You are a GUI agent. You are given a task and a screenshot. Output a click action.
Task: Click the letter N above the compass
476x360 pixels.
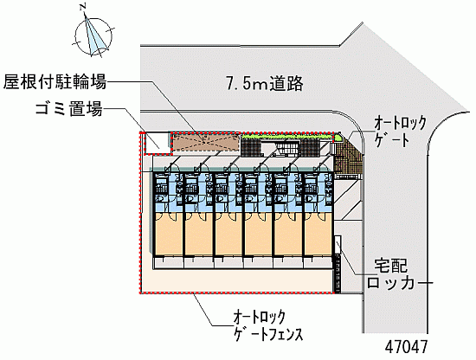click(82, 8)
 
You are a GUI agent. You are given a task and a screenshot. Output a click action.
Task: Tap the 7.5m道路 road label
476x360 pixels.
click(265, 84)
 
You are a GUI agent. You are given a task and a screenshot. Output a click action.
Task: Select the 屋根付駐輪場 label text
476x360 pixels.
click(55, 82)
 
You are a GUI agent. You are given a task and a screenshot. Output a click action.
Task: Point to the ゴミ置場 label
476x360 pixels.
click(69, 109)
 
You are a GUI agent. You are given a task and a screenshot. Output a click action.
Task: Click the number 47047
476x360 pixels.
click(407, 347)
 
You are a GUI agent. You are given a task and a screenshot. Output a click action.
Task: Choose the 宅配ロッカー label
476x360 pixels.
click(391, 274)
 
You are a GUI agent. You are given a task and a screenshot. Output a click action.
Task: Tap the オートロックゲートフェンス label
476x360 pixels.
click(268, 326)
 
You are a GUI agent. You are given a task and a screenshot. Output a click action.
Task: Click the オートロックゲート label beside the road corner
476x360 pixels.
click(400, 132)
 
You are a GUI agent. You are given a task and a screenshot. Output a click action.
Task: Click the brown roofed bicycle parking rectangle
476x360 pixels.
click(206, 142)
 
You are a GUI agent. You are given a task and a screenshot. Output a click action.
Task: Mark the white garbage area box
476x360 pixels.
click(157, 144)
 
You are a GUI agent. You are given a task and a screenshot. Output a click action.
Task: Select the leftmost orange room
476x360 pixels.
click(169, 234)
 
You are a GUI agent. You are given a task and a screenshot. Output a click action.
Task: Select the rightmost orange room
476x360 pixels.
click(318, 234)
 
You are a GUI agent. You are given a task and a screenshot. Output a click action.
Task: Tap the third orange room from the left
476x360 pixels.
click(228, 234)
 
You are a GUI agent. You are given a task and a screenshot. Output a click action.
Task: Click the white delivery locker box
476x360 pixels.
click(338, 245)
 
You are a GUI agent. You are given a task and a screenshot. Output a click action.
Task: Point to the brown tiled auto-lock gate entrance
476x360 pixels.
click(348, 159)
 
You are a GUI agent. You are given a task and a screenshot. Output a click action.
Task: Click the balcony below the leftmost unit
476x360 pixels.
click(169, 263)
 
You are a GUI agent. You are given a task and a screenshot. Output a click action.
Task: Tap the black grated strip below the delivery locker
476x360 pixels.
click(337, 273)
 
